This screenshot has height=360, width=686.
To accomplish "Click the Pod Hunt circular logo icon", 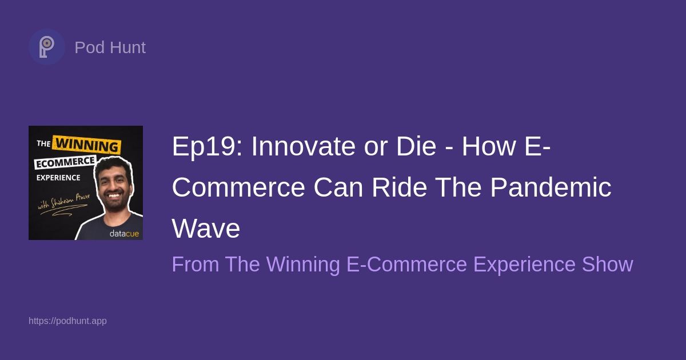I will click(x=46, y=47).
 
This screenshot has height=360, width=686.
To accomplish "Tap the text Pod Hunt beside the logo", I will click(x=110, y=47).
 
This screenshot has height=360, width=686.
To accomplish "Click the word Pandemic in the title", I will click(x=551, y=188).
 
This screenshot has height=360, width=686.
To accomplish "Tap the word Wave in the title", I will click(x=206, y=229).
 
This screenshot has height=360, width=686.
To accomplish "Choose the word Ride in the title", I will click(x=399, y=188).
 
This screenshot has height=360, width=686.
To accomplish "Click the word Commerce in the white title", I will click(x=238, y=188).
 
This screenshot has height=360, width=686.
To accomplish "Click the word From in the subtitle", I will click(x=196, y=265).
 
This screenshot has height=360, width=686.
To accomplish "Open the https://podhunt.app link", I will click(x=67, y=321).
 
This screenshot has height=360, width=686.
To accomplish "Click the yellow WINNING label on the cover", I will click(x=87, y=145).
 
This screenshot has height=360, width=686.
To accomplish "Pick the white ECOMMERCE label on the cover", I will click(x=66, y=162).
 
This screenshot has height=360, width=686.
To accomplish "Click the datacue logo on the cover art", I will click(x=124, y=234).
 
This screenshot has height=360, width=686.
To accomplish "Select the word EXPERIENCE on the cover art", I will click(x=58, y=178).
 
